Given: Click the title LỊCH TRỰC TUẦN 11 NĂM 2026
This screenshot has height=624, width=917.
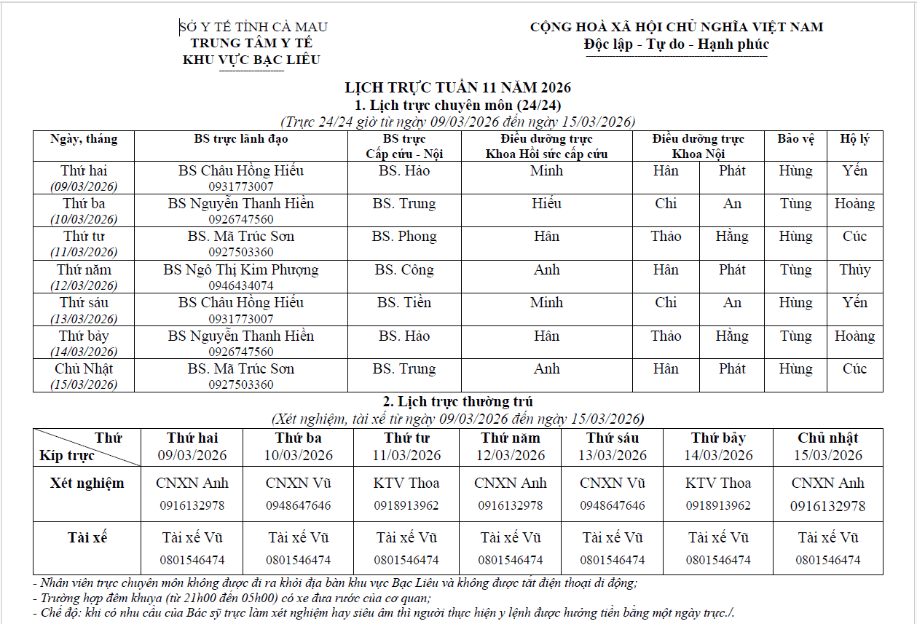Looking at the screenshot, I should click(x=457, y=88).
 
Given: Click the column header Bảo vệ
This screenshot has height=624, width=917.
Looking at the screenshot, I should click(x=795, y=138).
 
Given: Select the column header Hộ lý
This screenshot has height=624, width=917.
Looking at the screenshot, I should click(x=854, y=138).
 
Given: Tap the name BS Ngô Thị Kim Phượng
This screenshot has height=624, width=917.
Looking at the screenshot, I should click(x=241, y=270).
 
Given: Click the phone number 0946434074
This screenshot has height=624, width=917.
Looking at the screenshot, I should click(x=241, y=285).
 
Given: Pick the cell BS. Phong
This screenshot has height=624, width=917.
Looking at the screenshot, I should click(x=404, y=237).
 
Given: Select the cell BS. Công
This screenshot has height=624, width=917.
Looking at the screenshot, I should click(x=404, y=270).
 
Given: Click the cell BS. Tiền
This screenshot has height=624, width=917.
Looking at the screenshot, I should click(x=404, y=303).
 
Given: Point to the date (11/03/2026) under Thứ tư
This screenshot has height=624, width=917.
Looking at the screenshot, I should click(x=84, y=252).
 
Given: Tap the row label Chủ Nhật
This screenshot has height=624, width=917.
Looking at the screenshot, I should click(x=84, y=369).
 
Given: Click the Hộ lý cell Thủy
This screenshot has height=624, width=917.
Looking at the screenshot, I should click(x=854, y=270).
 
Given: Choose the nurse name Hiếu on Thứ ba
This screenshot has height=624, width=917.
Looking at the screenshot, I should click(x=546, y=204).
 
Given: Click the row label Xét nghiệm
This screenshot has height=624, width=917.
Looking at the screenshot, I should click(x=87, y=483).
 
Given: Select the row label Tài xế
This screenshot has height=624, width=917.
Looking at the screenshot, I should click(x=87, y=538).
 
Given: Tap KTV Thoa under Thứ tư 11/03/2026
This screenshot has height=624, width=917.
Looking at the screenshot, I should click(x=406, y=483).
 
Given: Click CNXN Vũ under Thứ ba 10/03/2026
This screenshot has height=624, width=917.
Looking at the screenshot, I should click(x=298, y=483).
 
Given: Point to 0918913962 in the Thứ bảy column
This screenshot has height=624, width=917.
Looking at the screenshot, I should click(x=718, y=505).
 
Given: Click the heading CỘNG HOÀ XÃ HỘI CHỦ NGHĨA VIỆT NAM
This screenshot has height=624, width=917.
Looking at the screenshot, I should click(x=677, y=28).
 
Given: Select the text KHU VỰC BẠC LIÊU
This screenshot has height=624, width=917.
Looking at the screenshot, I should click(x=251, y=60).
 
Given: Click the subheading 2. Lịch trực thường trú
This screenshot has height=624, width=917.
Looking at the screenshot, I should click(x=458, y=402).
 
